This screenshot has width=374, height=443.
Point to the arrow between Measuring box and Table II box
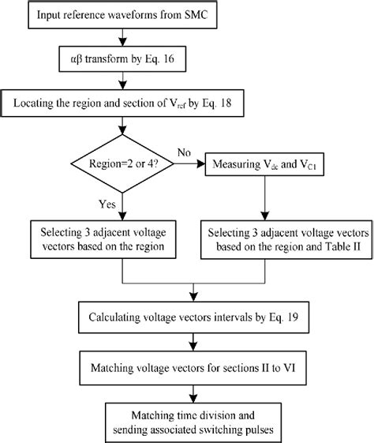click(x=264, y=197)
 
